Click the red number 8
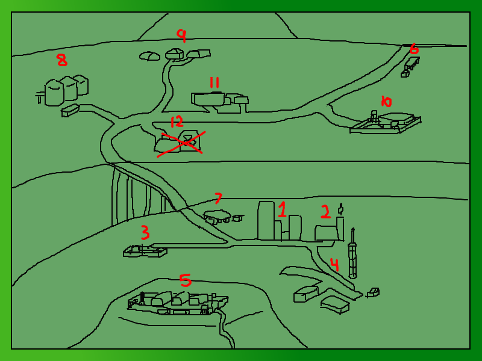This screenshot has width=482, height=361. tap(63, 60)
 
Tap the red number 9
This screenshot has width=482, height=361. tap(182, 35)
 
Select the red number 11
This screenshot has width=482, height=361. tap(214, 82)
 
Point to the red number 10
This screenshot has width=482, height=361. tap(386, 101)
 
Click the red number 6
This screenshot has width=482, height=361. tap(414, 49)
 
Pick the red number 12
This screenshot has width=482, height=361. tap(177, 122)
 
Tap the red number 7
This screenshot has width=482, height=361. tap(218, 198)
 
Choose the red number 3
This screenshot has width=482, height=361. tap(145, 232)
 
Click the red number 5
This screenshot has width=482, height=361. tap(186, 280)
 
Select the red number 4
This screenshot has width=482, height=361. tap(334, 265)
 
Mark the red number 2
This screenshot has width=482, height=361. tap(325, 212)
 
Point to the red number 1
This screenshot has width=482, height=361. tap(282, 209)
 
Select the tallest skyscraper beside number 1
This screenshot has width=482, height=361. tap(266, 220)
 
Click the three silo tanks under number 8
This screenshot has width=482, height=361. tap(66, 90)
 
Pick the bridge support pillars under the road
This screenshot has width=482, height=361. tap(139, 197)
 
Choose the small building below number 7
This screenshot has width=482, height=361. tap(217, 216)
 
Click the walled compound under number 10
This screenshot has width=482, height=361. tap(385, 122)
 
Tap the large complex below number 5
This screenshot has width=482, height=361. tap(178, 303)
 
